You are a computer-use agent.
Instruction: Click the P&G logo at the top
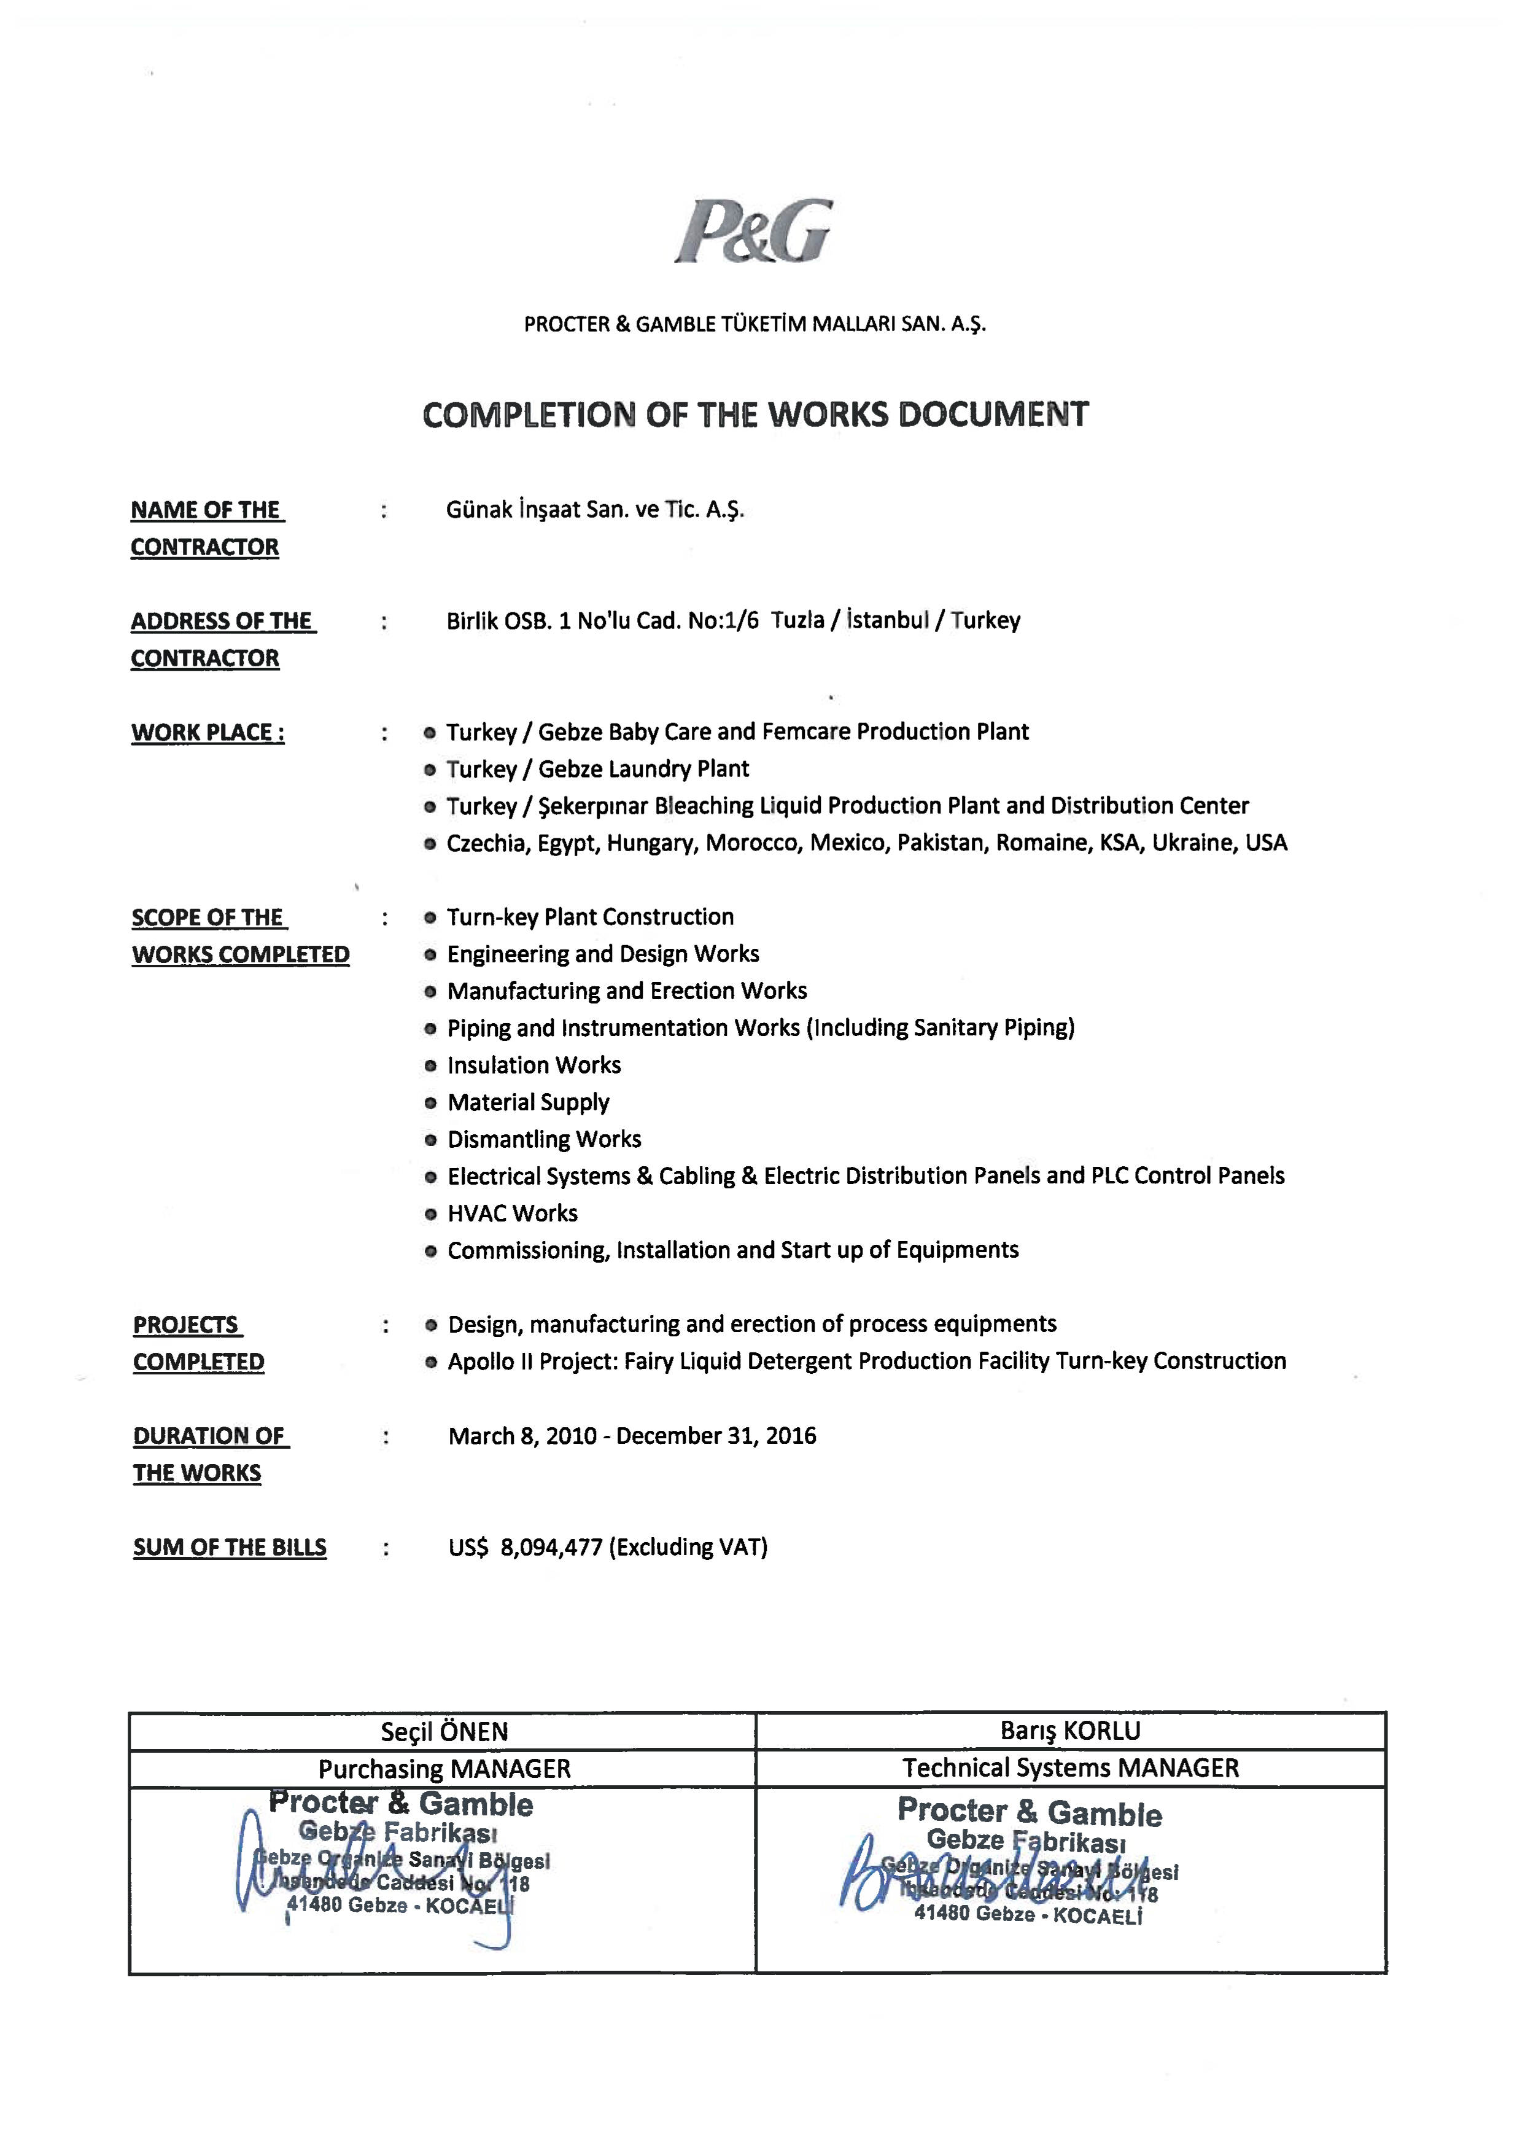753,231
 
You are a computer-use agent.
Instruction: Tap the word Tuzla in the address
797,620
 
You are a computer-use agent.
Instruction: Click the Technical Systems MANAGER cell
1070,1767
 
